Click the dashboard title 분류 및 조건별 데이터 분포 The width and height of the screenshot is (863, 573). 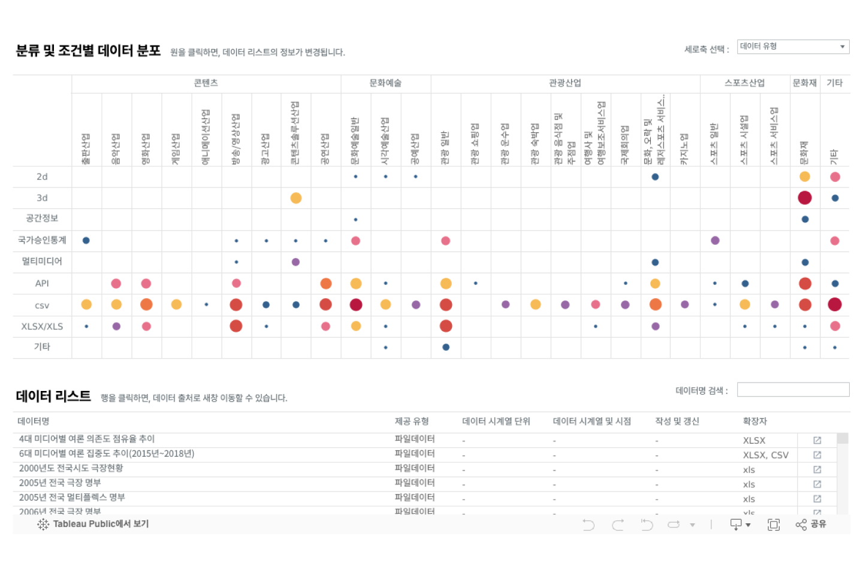[x=88, y=51]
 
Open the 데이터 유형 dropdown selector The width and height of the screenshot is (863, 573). [x=792, y=47]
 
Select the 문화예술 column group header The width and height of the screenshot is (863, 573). [x=385, y=83]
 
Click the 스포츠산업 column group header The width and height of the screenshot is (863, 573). [x=744, y=83]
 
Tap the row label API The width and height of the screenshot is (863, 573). [x=42, y=283]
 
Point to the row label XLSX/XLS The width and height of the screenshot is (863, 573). [x=42, y=326]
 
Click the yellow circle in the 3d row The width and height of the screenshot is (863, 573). [x=296, y=198]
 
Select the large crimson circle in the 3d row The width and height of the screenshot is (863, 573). [x=805, y=198]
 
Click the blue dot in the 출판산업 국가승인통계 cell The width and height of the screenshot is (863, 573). [x=86, y=241]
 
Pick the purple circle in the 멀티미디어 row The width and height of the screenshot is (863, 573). [x=295, y=262]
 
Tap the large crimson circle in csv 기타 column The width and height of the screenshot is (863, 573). [x=835, y=305]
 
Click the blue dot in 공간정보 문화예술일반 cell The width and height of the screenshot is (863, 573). [x=356, y=220]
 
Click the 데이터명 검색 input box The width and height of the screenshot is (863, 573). [x=793, y=390]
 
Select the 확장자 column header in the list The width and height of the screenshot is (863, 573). [x=755, y=422]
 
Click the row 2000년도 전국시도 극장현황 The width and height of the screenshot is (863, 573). [x=71, y=468]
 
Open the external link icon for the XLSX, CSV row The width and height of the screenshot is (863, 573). [x=817, y=455]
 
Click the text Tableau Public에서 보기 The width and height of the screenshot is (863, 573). [x=101, y=524]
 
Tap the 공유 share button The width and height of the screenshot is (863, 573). [x=811, y=525]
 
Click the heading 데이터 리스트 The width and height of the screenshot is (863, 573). [x=53, y=396]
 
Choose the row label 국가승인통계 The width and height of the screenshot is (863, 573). [x=42, y=240]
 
